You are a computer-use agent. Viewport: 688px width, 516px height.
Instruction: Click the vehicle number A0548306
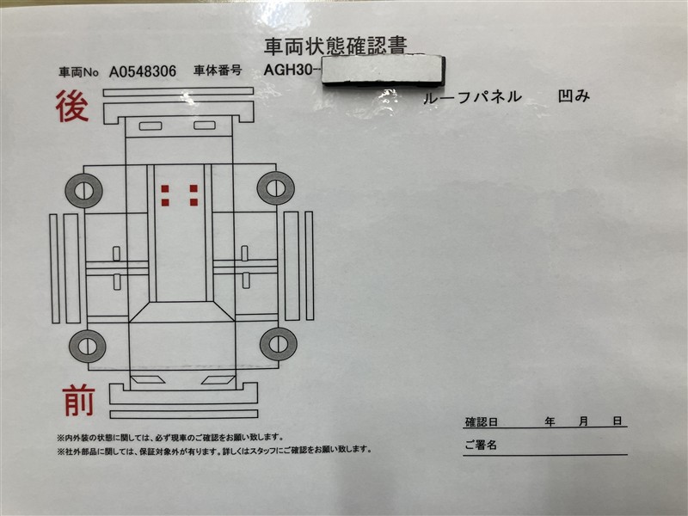click(x=143, y=72)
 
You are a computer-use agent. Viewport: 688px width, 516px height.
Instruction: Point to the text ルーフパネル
click(x=472, y=97)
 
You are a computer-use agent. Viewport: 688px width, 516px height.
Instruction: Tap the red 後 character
click(x=73, y=108)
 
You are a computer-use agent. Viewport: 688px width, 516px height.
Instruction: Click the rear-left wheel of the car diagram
click(x=84, y=189)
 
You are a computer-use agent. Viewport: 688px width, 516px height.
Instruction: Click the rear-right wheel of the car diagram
click(x=275, y=187)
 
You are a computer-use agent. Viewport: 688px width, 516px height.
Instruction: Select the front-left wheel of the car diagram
click(x=87, y=346)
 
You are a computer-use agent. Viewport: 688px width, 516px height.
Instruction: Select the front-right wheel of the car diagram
click(x=277, y=344)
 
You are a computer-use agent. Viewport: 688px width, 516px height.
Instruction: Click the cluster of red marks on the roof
click(x=179, y=195)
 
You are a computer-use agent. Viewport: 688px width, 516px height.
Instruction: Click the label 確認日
click(x=482, y=422)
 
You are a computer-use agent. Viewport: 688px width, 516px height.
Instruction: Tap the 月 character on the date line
click(x=584, y=421)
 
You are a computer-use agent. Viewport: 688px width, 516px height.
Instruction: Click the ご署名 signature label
click(x=481, y=445)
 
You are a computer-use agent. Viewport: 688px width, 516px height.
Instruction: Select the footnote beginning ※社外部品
click(x=215, y=450)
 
